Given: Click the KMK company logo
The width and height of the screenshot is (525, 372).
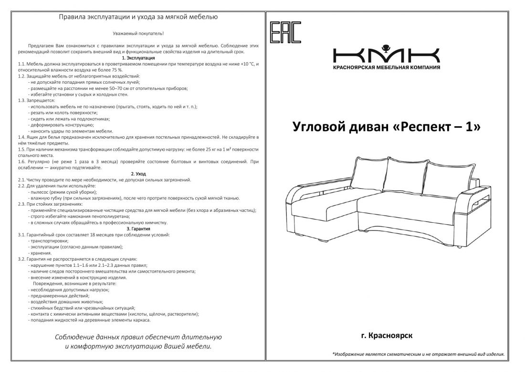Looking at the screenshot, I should click(386, 55).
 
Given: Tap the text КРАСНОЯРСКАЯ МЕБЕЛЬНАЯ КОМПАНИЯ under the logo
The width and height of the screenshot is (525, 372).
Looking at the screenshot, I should click(386, 67).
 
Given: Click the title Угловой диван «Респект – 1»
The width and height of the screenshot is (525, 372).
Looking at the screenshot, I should click(386, 127).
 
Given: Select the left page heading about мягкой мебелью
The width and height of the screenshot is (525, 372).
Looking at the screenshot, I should click(138, 17).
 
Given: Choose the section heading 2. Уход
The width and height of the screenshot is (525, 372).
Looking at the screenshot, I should click(138, 174).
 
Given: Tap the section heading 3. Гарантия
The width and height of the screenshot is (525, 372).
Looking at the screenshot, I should click(138, 229).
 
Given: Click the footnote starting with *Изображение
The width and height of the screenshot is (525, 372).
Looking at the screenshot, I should click(418, 354).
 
